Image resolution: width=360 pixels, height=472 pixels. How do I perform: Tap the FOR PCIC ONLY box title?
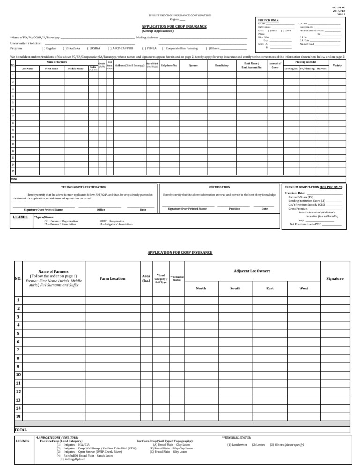[269, 20]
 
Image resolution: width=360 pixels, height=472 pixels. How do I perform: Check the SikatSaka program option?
[71, 48]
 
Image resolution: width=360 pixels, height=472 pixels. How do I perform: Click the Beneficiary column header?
[222, 65]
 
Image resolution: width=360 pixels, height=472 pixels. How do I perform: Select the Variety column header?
[337, 65]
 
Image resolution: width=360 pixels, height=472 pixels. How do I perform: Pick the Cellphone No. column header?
[169, 65]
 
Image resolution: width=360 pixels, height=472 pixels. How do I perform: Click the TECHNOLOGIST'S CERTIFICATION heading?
[84, 187]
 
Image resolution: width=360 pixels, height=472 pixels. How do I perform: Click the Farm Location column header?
[112, 278]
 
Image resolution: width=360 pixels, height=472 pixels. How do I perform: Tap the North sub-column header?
[201, 288]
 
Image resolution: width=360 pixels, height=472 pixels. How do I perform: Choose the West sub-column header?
[303, 288]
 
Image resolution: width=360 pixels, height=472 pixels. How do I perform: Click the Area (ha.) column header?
[146, 278]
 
